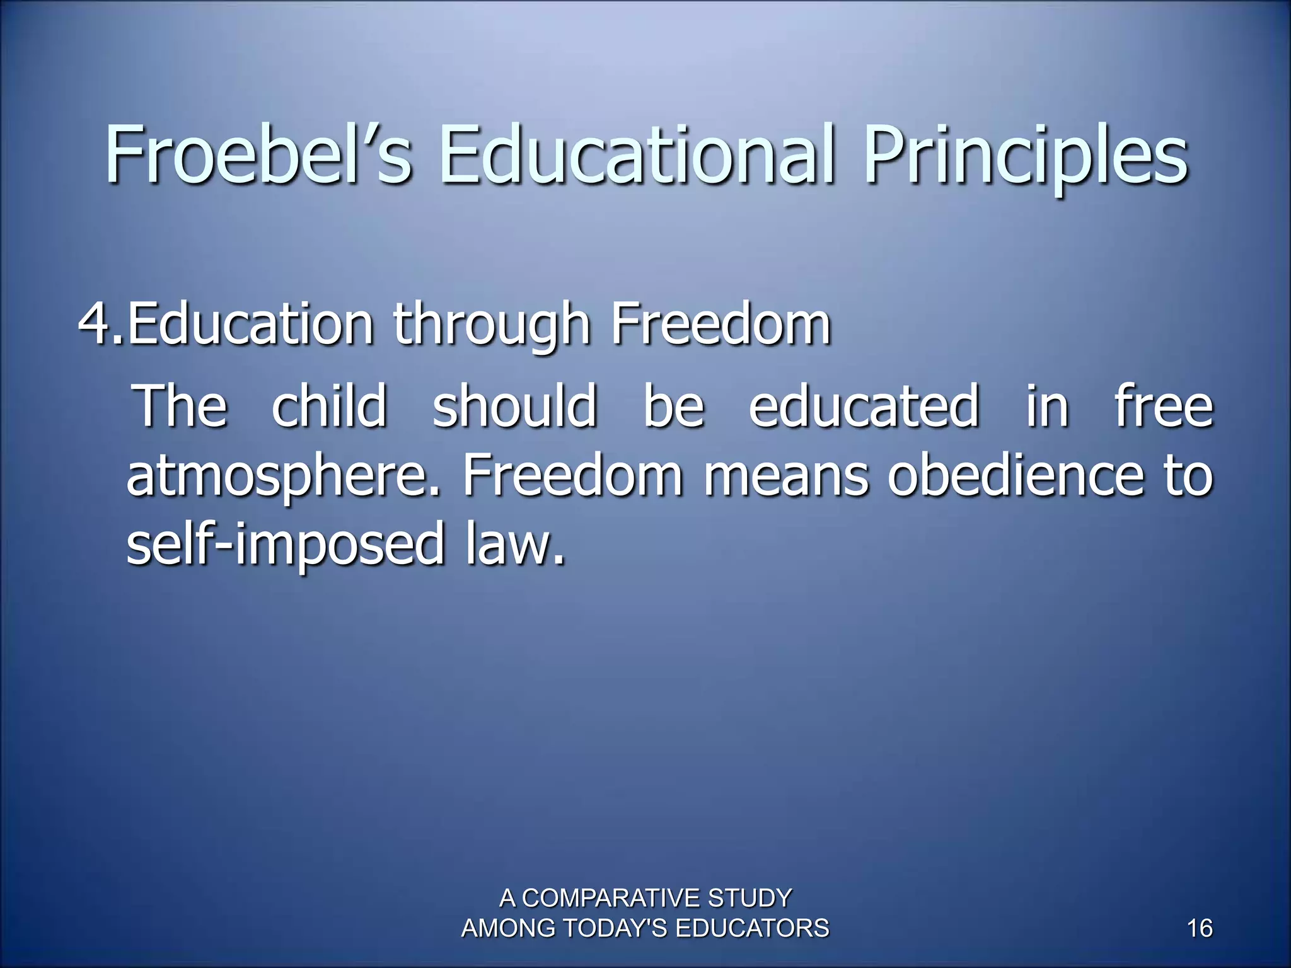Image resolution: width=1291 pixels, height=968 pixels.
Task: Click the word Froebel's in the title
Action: pos(258,154)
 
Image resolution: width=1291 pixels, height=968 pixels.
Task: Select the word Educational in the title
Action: pos(637,154)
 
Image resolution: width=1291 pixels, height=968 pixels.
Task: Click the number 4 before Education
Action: pos(95,325)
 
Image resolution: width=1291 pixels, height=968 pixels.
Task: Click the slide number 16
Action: pos(1199,929)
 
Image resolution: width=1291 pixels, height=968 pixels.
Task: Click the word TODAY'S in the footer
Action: pos(614,929)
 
